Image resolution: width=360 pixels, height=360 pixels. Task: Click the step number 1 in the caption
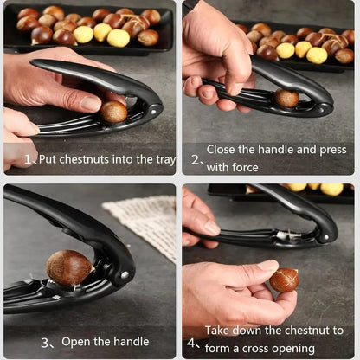29,160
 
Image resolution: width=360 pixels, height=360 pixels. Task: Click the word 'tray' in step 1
157,159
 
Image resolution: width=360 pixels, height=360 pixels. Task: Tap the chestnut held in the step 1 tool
113,111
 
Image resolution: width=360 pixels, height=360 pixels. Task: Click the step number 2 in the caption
196,160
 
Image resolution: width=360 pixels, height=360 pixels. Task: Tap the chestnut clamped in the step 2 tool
286,99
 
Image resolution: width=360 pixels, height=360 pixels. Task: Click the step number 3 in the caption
45,343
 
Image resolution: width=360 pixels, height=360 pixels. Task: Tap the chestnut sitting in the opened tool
69,267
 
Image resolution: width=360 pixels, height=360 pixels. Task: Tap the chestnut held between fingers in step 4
284,280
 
